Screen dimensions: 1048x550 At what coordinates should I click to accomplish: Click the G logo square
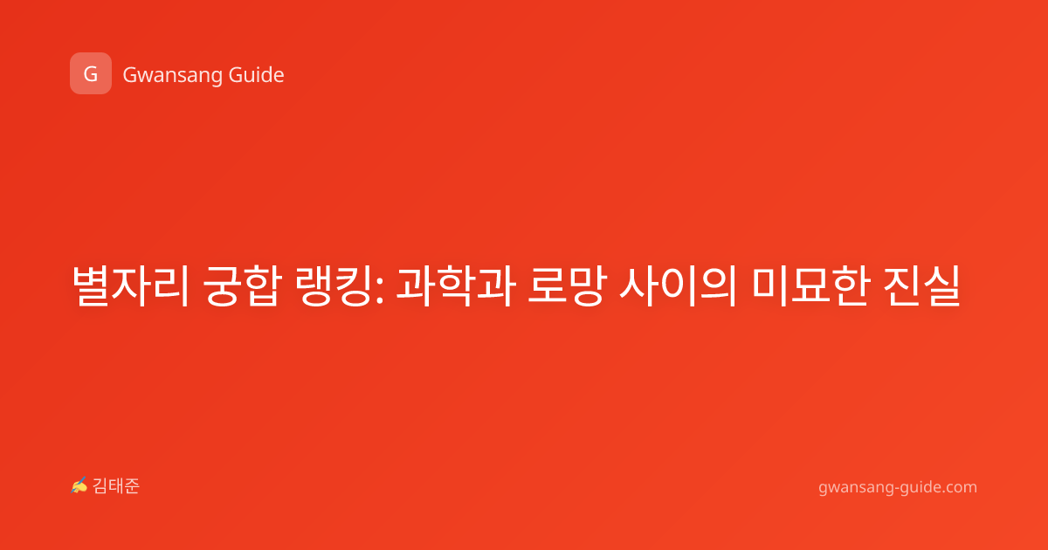[x=91, y=73]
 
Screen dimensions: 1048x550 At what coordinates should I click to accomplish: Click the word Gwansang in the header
[x=172, y=76]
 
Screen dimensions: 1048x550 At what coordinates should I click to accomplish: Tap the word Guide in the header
[x=257, y=75]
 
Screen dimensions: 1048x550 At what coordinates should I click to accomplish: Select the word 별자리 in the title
[x=130, y=285]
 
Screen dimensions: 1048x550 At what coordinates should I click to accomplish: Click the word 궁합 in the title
[x=243, y=285]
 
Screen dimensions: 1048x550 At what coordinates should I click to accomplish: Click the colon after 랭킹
[x=379, y=291]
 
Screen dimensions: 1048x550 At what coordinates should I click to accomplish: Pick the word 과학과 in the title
[x=456, y=285]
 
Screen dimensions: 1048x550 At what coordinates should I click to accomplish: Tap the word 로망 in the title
[x=567, y=285]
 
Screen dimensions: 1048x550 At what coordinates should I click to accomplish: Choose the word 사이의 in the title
[x=679, y=285]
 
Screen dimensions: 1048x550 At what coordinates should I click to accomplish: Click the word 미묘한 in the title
[x=811, y=285]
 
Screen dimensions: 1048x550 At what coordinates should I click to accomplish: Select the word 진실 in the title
[x=922, y=285]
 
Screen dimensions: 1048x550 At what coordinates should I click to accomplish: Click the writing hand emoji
[x=79, y=485]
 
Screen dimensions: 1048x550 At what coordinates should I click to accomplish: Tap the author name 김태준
[x=116, y=486]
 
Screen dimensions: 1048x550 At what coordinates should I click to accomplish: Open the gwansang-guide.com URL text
[x=898, y=488]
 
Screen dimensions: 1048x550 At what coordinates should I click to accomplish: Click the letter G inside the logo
[x=91, y=74]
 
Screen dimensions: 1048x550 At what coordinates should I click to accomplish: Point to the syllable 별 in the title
[x=90, y=285]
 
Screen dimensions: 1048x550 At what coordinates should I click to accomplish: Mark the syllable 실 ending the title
[x=942, y=285]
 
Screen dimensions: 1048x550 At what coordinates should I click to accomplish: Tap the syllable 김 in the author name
[x=100, y=486]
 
